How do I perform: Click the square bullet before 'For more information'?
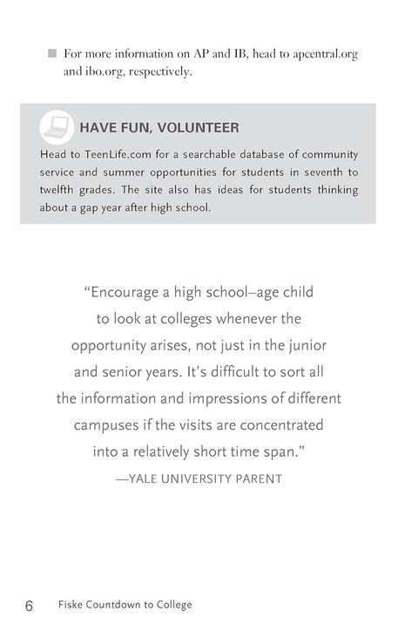[52, 54]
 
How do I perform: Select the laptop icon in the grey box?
[57, 128]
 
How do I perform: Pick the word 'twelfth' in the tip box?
[59, 190]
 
